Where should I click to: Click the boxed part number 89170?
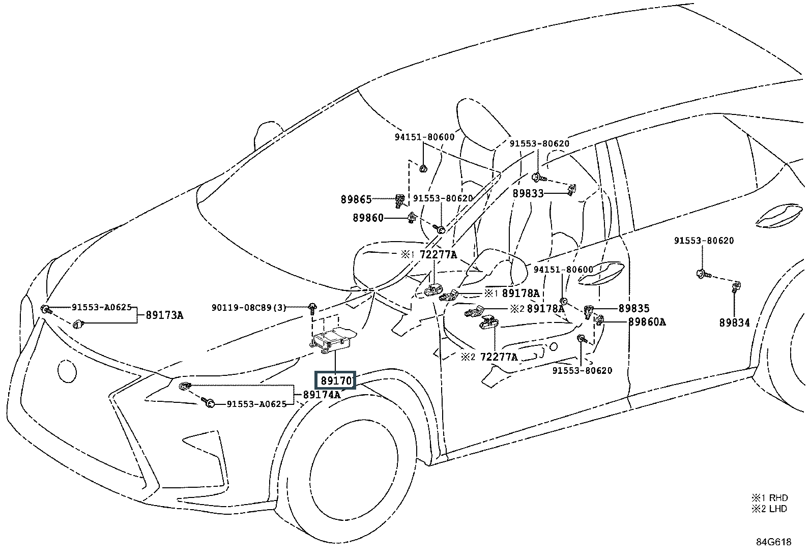pyautogui.click(x=336, y=380)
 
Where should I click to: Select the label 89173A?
pyautogui.click(x=164, y=315)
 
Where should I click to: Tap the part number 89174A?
pyautogui.click(x=322, y=394)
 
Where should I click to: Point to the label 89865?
pyautogui.click(x=356, y=200)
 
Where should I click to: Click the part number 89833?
pyautogui.click(x=528, y=193)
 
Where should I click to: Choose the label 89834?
pyautogui.click(x=734, y=322)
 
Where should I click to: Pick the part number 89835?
pyautogui.click(x=634, y=308)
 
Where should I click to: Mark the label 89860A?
pyautogui.click(x=647, y=321)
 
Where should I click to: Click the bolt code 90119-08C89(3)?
pyautogui.click(x=249, y=307)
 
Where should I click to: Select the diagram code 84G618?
pyautogui.click(x=773, y=542)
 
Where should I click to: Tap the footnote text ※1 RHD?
pyautogui.click(x=769, y=497)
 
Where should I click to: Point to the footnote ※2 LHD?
pyautogui.click(x=769, y=509)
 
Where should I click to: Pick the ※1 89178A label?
pyautogui.click(x=512, y=293)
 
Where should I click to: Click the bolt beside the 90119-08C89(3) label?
pyautogui.click(x=311, y=307)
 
